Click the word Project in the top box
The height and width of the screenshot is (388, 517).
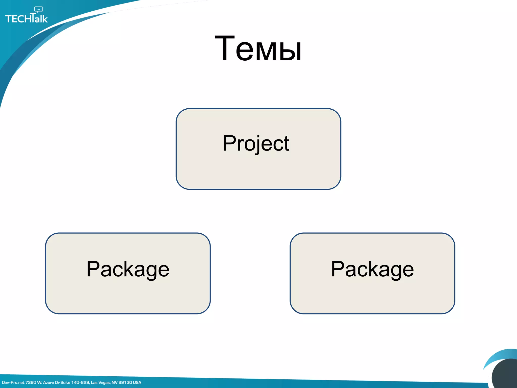[x=256, y=143]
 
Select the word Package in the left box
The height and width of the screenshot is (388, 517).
[x=128, y=270]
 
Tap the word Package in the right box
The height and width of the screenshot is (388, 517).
[x=372, y=270]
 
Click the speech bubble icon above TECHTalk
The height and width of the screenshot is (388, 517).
[x=39, y=10]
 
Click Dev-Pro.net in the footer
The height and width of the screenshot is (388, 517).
[x=13, y=382]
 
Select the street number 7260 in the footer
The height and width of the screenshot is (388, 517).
[x=31, y=382]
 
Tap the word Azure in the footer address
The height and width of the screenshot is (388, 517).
[x=48, y=382]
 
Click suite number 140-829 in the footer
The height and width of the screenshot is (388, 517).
[x=80, y=382]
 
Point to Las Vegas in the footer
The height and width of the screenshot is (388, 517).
[x=100, y=382]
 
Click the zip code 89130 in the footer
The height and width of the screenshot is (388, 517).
[x=125, y=382]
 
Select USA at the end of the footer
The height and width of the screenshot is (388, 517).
[x=137, y=382]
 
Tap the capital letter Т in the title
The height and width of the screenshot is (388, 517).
[x=225, y=48]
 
